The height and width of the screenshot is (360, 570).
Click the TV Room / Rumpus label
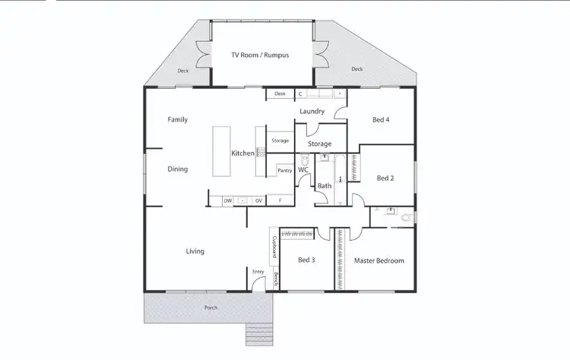click(260, 55)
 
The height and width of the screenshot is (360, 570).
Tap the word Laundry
click(312, 112)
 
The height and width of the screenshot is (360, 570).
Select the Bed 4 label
click(381, 120)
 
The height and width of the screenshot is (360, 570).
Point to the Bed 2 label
click(386, 178)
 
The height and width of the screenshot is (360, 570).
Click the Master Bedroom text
click(378, 261)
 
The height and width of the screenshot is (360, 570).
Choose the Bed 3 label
click(306, 260)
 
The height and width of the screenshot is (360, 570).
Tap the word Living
click(195, 251)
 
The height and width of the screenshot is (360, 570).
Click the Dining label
click(177, 169)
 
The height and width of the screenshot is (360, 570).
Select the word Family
click(177, 119)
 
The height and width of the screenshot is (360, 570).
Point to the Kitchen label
click(242, 153)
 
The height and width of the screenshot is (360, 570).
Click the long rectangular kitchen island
click(221, 152)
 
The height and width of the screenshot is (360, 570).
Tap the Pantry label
click(284, 171)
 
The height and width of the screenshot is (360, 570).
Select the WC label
click(302, 170)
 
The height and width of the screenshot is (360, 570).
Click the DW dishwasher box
click(227, 201)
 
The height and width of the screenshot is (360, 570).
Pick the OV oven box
click(258, 201)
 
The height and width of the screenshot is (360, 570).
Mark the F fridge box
click(280, 201)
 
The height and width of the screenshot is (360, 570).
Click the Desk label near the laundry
click(280, 94)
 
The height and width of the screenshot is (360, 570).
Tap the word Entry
click(258, 271)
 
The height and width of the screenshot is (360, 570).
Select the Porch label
click(210, 308)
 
